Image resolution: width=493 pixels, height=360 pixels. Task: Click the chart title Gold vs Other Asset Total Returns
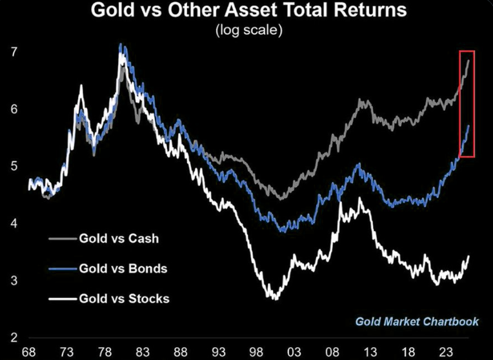tap(248, 11)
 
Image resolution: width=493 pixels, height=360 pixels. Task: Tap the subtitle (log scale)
tap(248, 30)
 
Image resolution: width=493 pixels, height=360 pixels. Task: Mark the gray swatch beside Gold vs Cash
tap(60, 238)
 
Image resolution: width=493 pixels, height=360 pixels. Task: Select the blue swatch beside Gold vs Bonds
tap(60, 268)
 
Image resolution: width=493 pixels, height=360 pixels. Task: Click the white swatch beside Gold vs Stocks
tap(60, 299)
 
